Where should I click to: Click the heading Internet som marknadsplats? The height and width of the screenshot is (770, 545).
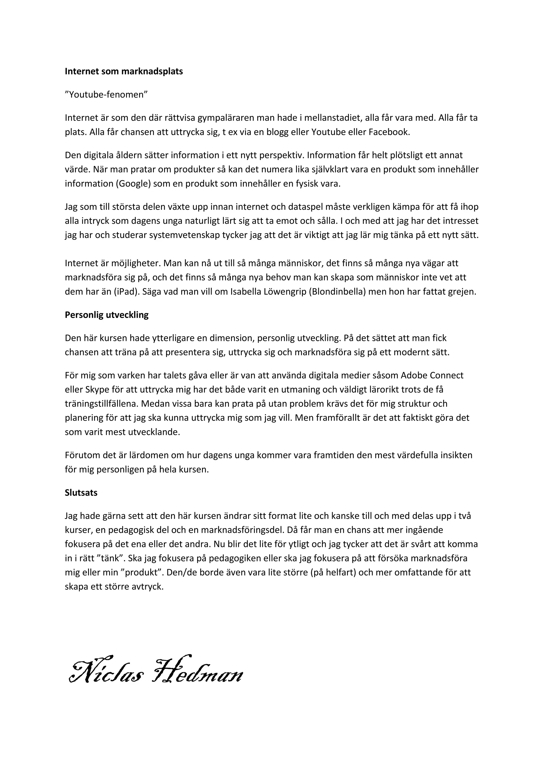pyautogui.click(x=123, y=72)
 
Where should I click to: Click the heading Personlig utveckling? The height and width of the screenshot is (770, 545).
pyautogui.click(x=106, y=315)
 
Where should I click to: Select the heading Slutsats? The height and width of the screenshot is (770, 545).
pyautogui.click(x=81, y=493)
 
